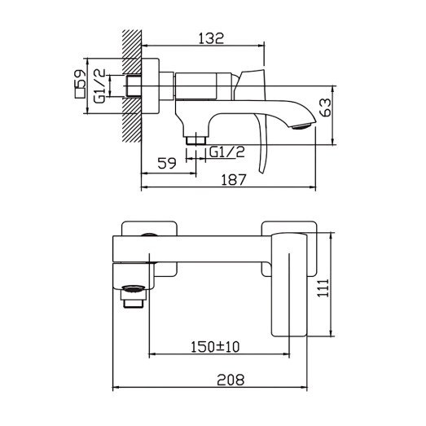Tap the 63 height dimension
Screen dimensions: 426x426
[326, 107]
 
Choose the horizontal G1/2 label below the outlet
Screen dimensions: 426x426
[227, 152]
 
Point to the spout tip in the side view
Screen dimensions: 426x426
[301, 125]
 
